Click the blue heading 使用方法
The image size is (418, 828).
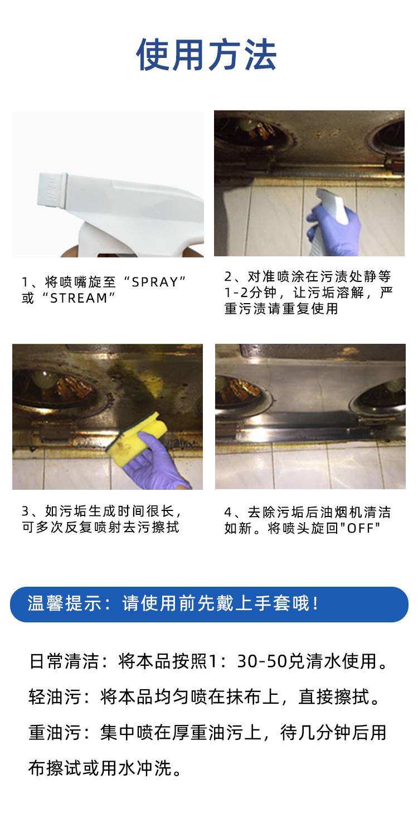pos(207,55)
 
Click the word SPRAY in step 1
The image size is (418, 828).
pos(155,282)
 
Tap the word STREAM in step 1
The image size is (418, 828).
pos(79,298)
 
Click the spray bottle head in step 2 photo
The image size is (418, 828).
pos(333,204)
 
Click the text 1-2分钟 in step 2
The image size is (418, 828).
pos(251,293)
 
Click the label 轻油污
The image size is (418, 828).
pos(55,697)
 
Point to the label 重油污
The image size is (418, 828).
pos(55,733)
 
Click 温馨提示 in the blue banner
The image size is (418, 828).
pos(64,603)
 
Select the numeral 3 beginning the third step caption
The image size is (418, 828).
pos(25,511)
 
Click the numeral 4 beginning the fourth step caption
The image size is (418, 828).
pos(228,512)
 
